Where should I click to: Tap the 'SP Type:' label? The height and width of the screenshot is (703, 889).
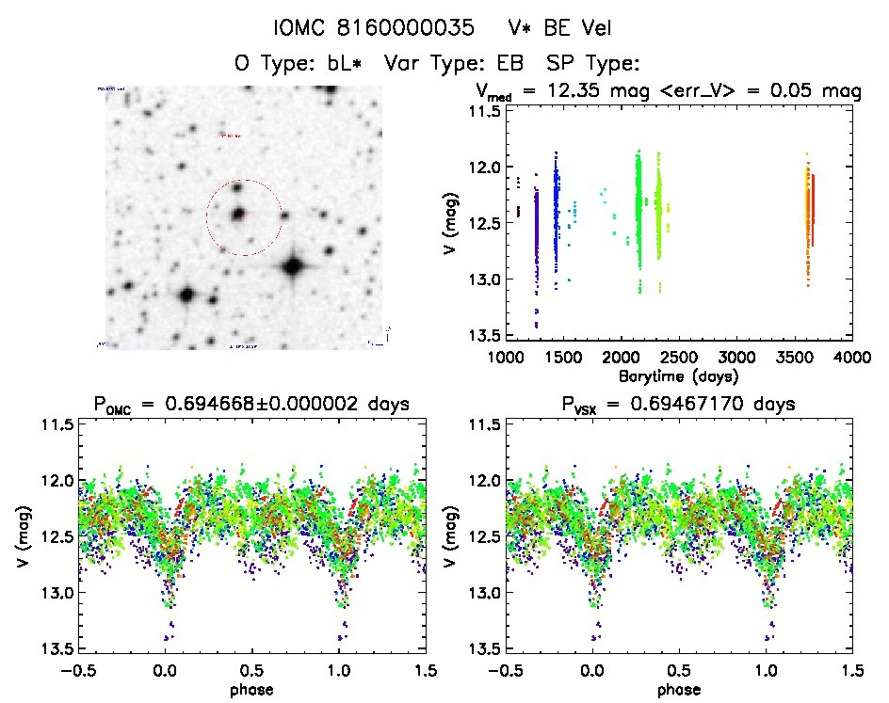pyautogui.click(x=594, y=64)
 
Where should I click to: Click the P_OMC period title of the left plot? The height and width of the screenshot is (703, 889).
pyautogui.click(x=252, y=405)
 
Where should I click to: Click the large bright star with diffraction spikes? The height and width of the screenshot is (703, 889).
pyautogui.click(x=293, y=266)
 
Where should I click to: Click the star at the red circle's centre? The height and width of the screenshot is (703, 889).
pyautogui.click(x=238, y=215)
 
